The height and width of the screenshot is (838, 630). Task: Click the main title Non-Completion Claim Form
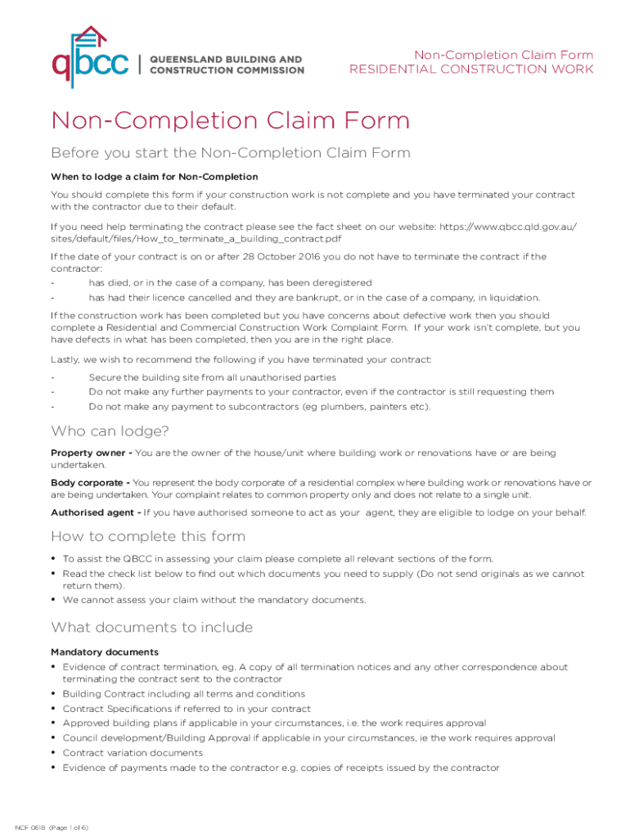[230, 121]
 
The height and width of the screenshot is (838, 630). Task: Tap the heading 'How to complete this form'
[148, 536]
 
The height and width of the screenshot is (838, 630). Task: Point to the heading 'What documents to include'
[151, 628]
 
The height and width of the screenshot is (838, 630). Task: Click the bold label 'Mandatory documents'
[105, 651]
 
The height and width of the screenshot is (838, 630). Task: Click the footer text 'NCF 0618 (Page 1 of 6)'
[52, 827]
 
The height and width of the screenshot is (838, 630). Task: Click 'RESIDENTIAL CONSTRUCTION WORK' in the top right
[471, 70]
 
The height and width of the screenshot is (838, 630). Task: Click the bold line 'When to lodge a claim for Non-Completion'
[155, 177]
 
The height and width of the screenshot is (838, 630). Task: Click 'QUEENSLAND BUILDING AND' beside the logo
[225, 60]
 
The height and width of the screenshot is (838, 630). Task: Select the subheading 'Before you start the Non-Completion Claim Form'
[230, 153]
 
